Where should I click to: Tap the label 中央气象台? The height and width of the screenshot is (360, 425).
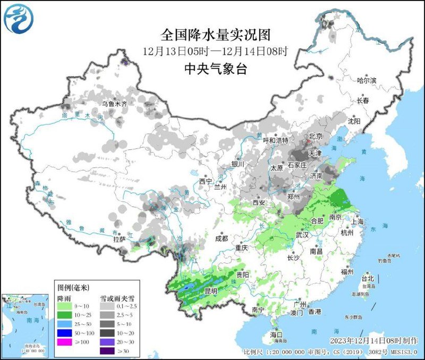click(x=216, y=68)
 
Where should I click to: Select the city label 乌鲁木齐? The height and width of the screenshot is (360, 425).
click(x=115, y=104)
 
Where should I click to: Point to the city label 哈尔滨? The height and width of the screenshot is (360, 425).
click(x=367, y=81)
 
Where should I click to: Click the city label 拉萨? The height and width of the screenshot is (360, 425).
click(x=118, y=239)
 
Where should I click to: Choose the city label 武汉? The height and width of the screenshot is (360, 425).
click(x=302, y=235)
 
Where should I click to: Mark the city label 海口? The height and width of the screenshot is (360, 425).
click(x=276, y=334)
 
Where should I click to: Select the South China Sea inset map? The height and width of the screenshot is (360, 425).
click(x=27, y=324)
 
